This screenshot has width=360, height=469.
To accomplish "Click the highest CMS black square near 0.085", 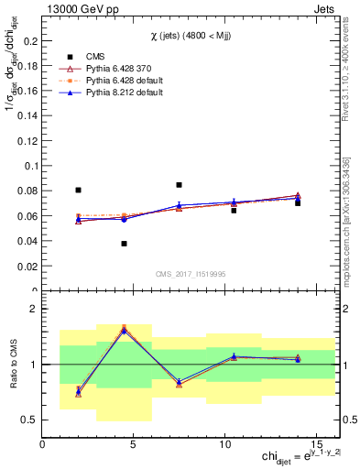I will pyautogui.click(x=179, y=185).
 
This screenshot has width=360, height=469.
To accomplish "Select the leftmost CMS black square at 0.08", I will pyautogui.click(x=78, y=191).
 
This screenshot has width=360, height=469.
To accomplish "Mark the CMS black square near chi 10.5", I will pyautogui.click(x=234, y=211).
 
